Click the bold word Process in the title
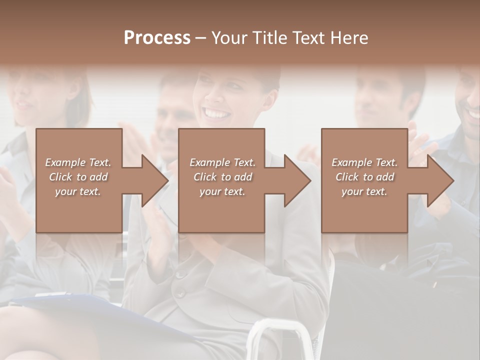[157, 38]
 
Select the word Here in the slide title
[349, 38]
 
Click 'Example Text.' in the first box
[78, 162]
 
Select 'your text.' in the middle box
[222, 191]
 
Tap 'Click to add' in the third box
[364, 177]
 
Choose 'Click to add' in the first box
[78, 177]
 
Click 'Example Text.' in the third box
[364, 162]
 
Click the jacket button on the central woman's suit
[181, 274]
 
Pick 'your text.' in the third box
[364, 191]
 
